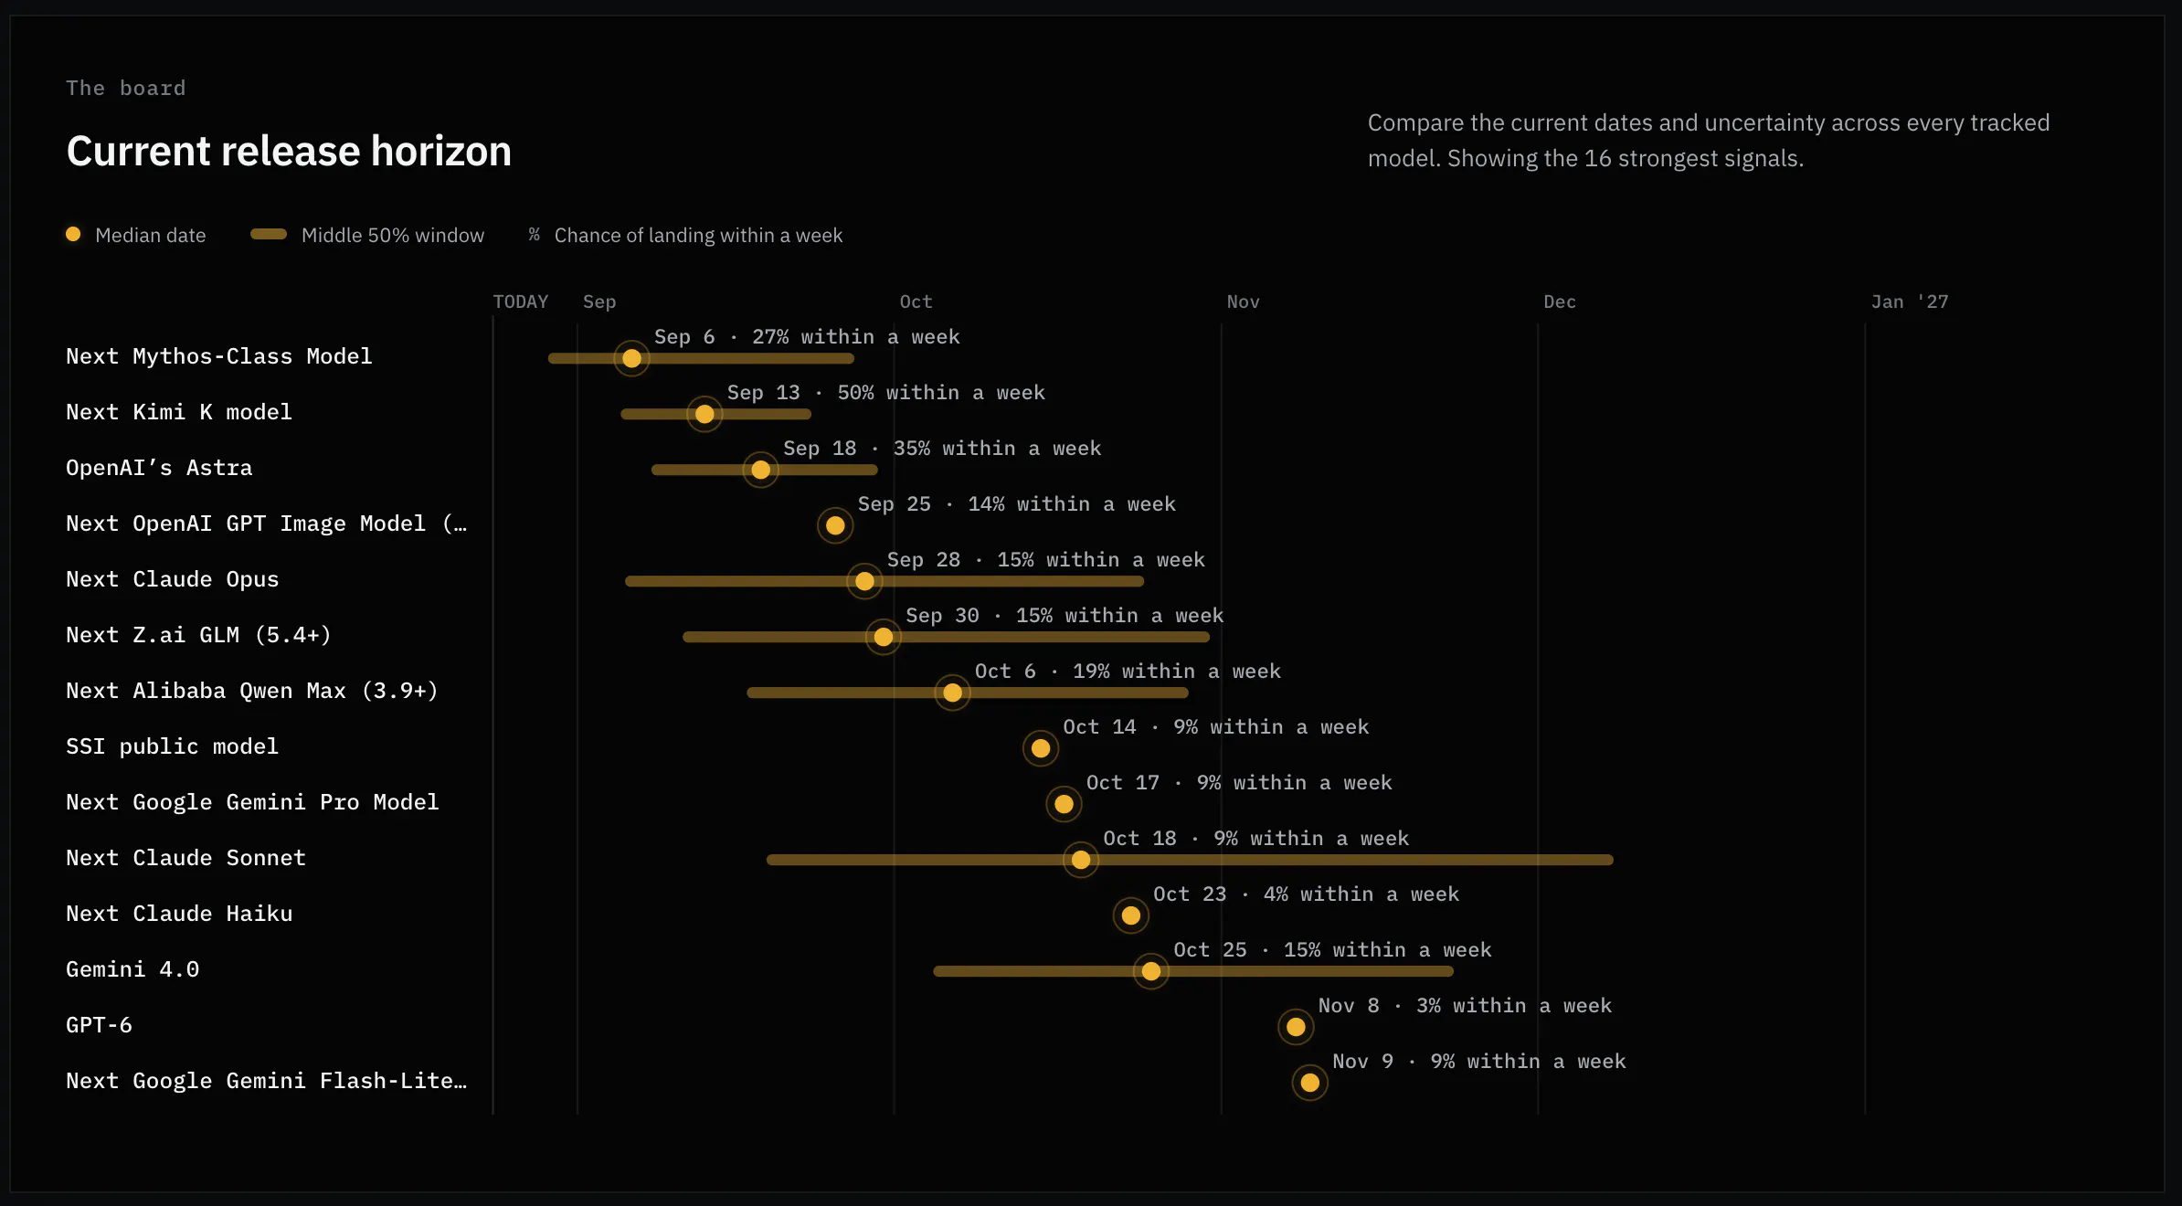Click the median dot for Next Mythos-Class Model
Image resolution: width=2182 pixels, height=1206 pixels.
631,358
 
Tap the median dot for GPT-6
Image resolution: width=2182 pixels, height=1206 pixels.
1296,1027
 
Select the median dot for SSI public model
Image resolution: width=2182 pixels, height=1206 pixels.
1041,748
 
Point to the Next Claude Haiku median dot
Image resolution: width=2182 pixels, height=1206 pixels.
1131,915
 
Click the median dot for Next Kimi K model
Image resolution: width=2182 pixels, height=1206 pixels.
704,414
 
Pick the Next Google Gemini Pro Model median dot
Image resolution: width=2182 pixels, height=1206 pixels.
1064,804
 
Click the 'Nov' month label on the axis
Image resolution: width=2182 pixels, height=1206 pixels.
1243,301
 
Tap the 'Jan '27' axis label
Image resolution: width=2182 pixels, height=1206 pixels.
1910,301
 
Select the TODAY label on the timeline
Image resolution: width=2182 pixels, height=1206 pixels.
521,301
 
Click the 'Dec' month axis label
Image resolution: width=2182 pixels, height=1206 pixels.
1560,301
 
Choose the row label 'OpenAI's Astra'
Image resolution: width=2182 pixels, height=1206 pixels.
159,468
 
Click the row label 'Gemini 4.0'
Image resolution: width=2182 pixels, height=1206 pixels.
132,969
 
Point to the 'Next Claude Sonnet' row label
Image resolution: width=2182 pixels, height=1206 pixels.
185,858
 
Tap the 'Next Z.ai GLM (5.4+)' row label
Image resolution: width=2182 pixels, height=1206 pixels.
198,635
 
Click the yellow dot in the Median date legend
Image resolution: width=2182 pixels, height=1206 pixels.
73,234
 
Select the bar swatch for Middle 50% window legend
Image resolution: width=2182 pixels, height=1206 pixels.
269,234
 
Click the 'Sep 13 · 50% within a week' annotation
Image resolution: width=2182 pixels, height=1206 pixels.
886,393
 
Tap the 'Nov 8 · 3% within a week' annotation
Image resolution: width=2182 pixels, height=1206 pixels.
1465,1006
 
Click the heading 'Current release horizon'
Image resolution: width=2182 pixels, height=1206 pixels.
289,151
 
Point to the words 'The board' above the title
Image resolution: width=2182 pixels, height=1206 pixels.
126,88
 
